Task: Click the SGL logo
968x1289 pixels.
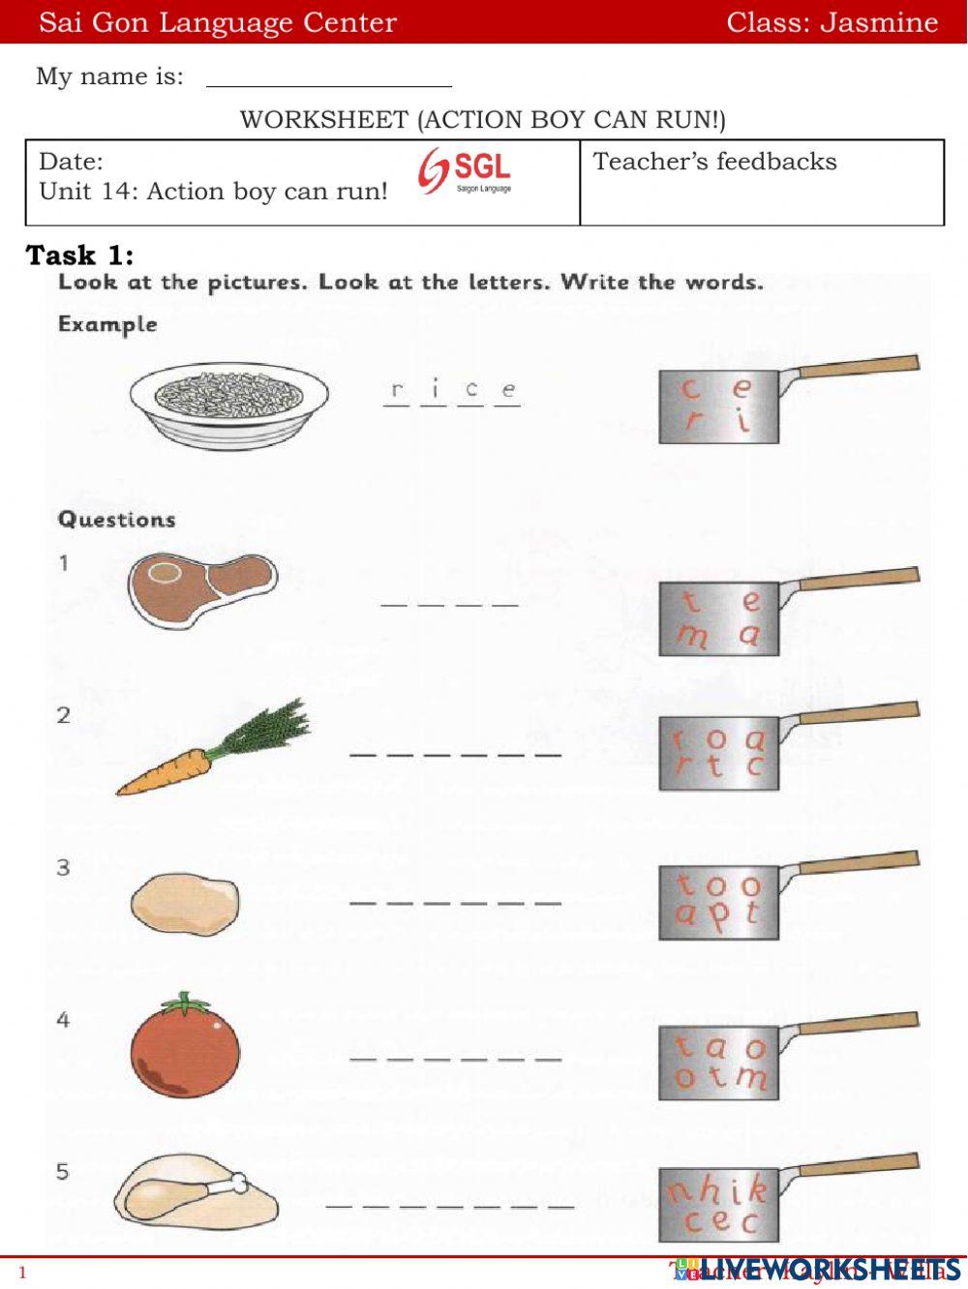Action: (466, 172)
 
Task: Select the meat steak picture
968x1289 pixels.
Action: (201, 586)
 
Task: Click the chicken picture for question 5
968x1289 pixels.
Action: (195, 1189)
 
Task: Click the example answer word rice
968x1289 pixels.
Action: (452, 392)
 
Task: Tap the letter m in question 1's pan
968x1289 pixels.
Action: (692, 637)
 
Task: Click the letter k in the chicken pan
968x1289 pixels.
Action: (757, 1188)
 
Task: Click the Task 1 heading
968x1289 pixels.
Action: (79, 255)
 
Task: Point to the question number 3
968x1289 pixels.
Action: (63, 867)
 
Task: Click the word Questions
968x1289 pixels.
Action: (117, 520)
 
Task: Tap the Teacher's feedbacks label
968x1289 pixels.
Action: (714, 162)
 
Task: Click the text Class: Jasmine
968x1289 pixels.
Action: (832, 22)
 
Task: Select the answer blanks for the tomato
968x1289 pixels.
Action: (455, 1059)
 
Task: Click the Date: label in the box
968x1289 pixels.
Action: (71, 161)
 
